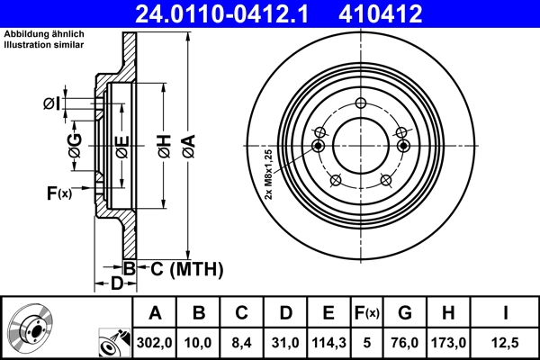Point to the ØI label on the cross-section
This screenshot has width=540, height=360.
click(x=51, y=104)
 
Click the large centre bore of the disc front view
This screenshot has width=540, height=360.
click(x=360, y=144)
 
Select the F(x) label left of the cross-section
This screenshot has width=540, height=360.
click(x=58, y=192)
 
